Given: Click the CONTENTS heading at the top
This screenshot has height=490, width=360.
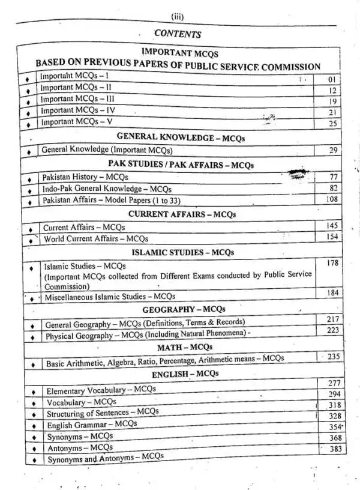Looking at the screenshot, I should pos(177,34).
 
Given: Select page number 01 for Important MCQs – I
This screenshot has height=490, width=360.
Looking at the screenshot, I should pos(334,79).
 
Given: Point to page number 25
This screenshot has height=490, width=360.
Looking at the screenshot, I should pos(334,122).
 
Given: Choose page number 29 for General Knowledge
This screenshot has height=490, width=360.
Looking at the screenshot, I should pos(334,150).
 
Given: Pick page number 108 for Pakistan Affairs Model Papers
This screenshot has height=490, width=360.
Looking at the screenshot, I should pos(332,199).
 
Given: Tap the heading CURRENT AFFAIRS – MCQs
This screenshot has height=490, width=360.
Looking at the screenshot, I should pos(182,214).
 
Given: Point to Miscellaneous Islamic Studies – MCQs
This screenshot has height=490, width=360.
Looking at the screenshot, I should pos(110,297).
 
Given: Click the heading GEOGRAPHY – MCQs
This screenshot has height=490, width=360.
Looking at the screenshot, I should pos(184,309).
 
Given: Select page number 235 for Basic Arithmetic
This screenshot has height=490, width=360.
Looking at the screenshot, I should pos(333,357).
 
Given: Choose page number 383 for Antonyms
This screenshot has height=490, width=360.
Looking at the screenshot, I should pos(335,449).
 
